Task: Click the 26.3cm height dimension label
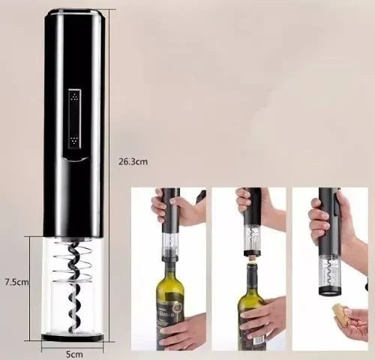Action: click(133, 160)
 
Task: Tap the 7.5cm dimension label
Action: click(16, 282)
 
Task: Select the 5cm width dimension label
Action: click(73, 352)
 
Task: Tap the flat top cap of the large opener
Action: click(73, 13)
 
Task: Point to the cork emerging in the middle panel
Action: click(251, 258)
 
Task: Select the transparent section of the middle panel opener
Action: click(252, 238)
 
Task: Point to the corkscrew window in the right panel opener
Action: click(329, 271)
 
